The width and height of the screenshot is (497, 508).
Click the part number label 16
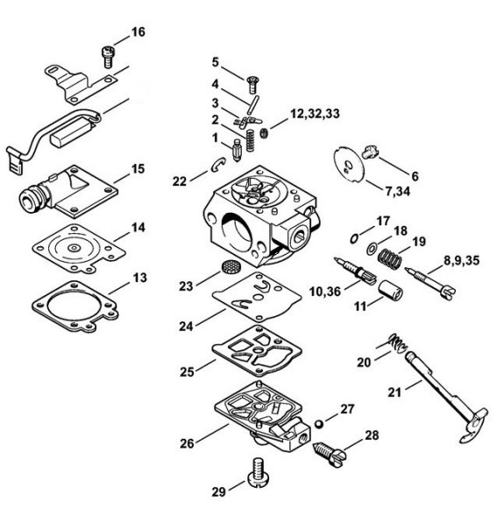pyautogui.click(x=138, y=32)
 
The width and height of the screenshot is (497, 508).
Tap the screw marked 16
pyautogui.click(x=108, y=57)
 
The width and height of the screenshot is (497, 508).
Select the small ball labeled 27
pyautogui.click(x=319, y=424)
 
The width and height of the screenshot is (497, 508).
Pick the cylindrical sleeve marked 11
pyautogui.click(x=391, y=290)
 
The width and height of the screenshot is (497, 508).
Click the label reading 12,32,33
pyautogui.click(x=315, y=114)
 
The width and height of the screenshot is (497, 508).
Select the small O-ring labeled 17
pyautogui.click(x=354, y=238)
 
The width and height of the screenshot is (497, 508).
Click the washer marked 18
pyautogui.click(x=372, y=249)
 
